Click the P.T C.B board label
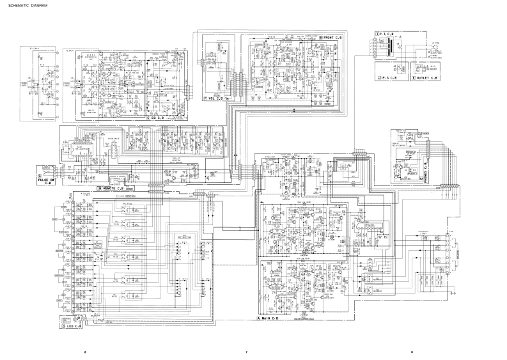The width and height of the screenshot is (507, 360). pyautogui.click(x=387, y=33)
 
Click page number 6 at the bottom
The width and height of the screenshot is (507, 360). pyautogui.click(x=84, y=352)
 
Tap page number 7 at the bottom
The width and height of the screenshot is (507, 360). pyautogui.click(x=246, y=352)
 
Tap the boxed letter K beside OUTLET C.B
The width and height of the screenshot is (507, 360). pyautogui.click(x=414, y=77)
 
